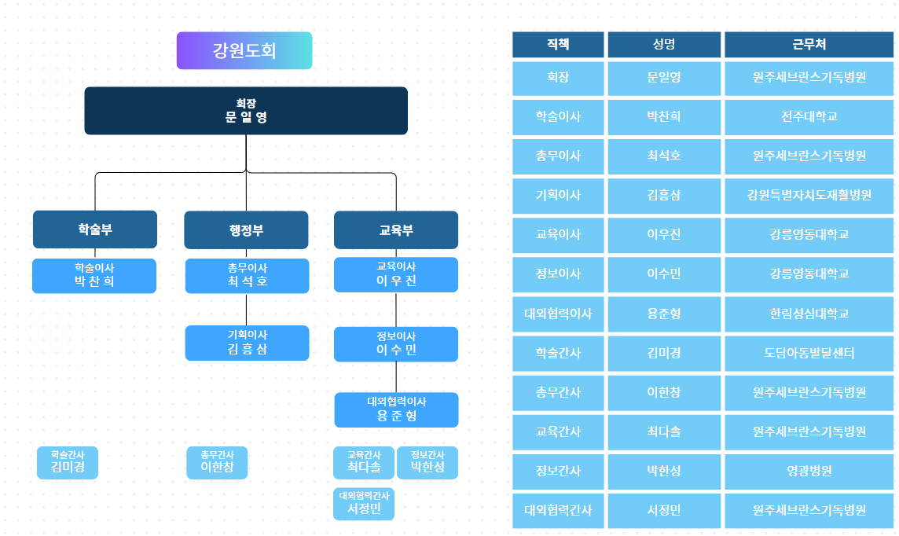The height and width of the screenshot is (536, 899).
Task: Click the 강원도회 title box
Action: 244,50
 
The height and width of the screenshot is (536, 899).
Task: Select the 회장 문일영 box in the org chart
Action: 246,111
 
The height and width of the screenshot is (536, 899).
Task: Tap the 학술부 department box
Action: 95,229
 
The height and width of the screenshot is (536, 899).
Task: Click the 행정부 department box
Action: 246,230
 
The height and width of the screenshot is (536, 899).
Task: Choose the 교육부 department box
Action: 396,230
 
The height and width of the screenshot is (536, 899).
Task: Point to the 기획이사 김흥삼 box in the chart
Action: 247,343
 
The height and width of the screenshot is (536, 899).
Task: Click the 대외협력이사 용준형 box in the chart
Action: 396,409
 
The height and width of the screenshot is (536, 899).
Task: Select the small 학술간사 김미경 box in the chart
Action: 68,463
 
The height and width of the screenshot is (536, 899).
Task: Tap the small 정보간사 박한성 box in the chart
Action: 427,463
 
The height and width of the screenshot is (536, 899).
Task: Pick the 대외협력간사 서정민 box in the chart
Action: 364,504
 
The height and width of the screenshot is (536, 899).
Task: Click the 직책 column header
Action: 558,45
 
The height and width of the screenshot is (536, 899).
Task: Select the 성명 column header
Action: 664,45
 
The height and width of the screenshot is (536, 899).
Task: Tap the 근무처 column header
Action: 809,45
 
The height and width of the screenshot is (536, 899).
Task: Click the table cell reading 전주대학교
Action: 809,117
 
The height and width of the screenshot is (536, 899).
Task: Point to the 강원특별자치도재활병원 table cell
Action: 809,196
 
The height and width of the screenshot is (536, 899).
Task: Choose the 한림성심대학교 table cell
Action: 809,314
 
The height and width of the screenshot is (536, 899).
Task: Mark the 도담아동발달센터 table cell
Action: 809,354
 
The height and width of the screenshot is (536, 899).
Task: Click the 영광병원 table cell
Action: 809,472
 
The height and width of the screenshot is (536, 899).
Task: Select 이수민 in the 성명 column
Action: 664,274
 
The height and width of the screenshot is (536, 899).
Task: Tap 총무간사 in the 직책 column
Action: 558,393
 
